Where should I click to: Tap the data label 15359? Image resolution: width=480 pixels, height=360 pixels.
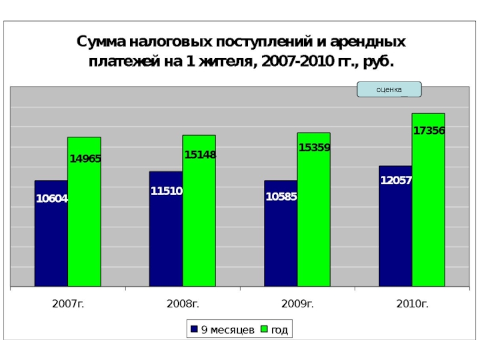[x=314, y=147]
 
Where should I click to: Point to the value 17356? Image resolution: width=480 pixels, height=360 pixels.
[x=429, y=130]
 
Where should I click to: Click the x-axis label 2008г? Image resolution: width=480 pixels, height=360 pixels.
[x=182, y=304]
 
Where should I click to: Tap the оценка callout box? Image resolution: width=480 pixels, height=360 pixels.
[x=389, y=89]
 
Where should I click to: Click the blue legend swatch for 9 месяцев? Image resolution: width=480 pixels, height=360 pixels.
[x=194, y=329]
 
